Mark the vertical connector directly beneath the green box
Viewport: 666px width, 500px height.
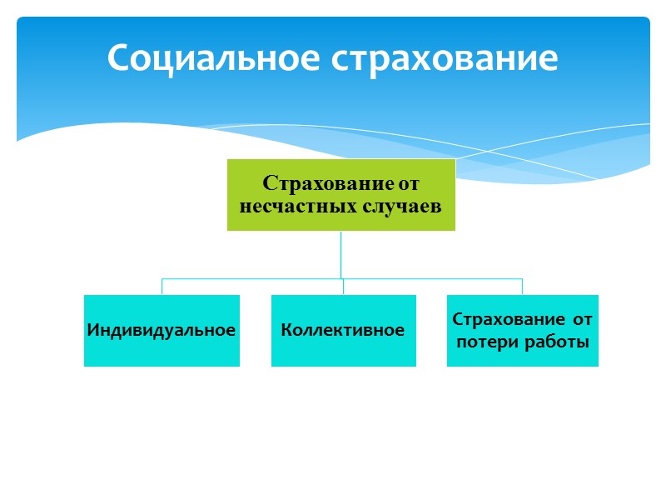tap(341, 254)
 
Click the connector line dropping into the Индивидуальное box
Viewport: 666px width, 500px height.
tap(162, 287)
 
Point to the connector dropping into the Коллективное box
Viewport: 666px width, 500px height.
tap(343, 287)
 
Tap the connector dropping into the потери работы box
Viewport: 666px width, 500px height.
tap(522, 287)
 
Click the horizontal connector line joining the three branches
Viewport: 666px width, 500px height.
tap(250, 279)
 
